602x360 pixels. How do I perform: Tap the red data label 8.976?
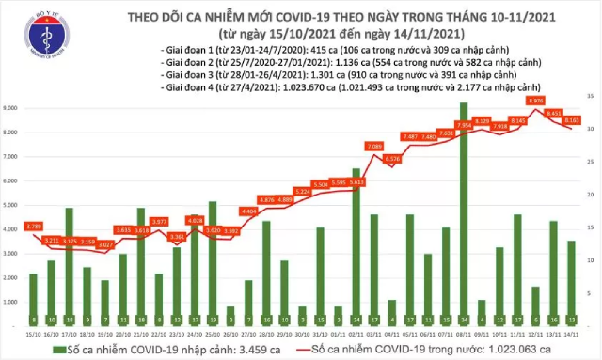536,100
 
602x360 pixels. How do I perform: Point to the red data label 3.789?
34,226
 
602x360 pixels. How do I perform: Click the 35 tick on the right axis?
590,97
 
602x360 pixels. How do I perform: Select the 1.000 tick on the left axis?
16,303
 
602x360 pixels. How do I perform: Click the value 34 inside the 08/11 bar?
464,319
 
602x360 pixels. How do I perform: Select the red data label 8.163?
572,119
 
